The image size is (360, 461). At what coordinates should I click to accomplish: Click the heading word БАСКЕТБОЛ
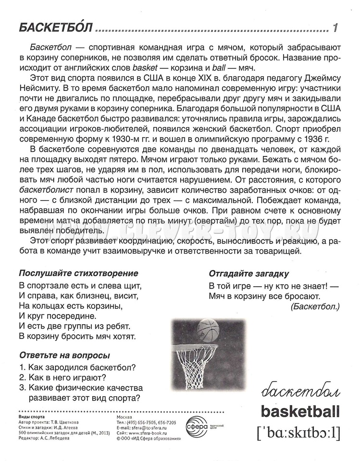tap(55, 28)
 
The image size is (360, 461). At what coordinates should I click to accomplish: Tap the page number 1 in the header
tap(335, 28)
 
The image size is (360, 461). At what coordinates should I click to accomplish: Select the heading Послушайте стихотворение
tap(78, 273)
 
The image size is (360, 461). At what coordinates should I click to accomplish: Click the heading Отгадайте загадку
tap(248, 274)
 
